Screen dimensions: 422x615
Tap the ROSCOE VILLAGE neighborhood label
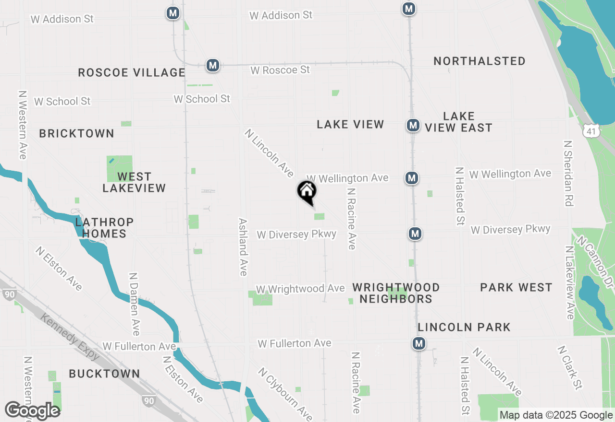[131, 72]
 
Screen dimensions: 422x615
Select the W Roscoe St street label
[280, 70]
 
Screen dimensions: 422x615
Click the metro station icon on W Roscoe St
[213, 65]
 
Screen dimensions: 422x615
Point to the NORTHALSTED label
[479, 61]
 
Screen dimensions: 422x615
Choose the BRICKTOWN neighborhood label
[76, 133]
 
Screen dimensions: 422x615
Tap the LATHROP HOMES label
[104, 228]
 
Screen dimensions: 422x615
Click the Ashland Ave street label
[243, 247]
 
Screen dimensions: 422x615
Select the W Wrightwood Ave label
[300, 289]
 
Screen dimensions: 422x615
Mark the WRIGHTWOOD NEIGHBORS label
[396, 293]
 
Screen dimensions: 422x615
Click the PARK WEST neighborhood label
[516, 287]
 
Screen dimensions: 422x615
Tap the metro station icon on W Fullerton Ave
[419, 343]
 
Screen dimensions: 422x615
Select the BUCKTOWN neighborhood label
[104, 374]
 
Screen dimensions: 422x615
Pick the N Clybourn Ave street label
[285, 394]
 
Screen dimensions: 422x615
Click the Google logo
[32, 411]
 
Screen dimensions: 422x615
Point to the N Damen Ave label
[134, 305]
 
